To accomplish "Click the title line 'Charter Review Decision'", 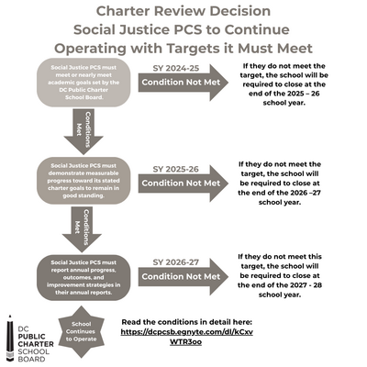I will pos(183,12).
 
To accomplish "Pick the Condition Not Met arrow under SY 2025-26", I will pos(182,183).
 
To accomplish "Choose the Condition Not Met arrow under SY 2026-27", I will pos(182,276).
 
